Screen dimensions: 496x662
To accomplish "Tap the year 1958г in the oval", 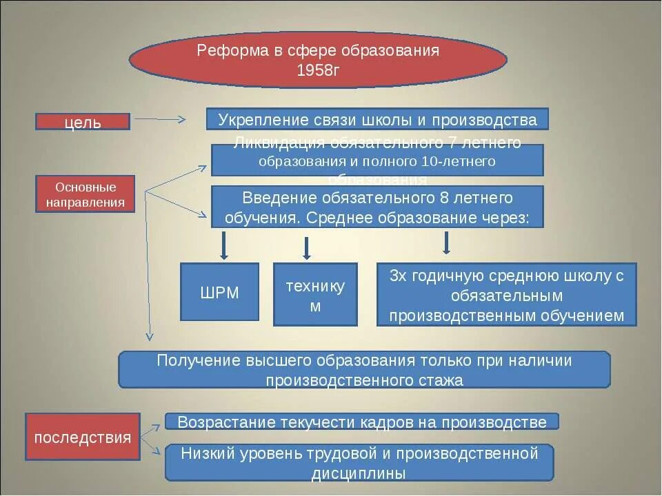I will pyautogui.click(x=318, y=70).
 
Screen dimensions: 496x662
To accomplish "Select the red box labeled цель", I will pyautogui.click(x=83, y=122).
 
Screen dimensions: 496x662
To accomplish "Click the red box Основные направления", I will pyautogui.click(x=86, y=194).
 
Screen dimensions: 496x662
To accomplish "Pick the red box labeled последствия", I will pyautogui.click(x=83, y=437).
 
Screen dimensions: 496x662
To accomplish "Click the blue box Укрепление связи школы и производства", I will pyautogui.click(x=377, y=119).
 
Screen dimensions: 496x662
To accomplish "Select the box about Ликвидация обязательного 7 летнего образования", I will pyautogui.click(x=377, y=161).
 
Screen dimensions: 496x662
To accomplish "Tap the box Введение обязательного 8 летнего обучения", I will pyautogui.click(x=377, y=207).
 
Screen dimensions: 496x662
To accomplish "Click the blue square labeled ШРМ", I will pyautogui.click(x=219, y=292).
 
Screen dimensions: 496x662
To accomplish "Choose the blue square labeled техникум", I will pyautogui.click(x=315, y=294).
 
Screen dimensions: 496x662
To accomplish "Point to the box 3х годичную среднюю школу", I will pyautogui.click(x=506, y=295).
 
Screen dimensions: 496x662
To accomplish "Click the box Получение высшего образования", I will pyautogui.click(x=364, y=370).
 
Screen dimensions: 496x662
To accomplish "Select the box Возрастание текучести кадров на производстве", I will pyautogui.click(x=361, y=422).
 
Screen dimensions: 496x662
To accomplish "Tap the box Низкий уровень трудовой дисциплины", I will pyautogui.click(x=359, y=462).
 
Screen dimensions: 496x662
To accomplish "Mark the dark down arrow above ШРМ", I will pyautogui.click(x=224, y=246).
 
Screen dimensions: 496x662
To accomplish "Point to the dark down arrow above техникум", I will pyautogui.click(x=307, y=248).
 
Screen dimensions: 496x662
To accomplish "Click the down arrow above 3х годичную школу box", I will pyautogui.click(x=447, y=242).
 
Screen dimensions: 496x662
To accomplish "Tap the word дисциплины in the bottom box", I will pyautogui.click(x=359, y=473).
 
